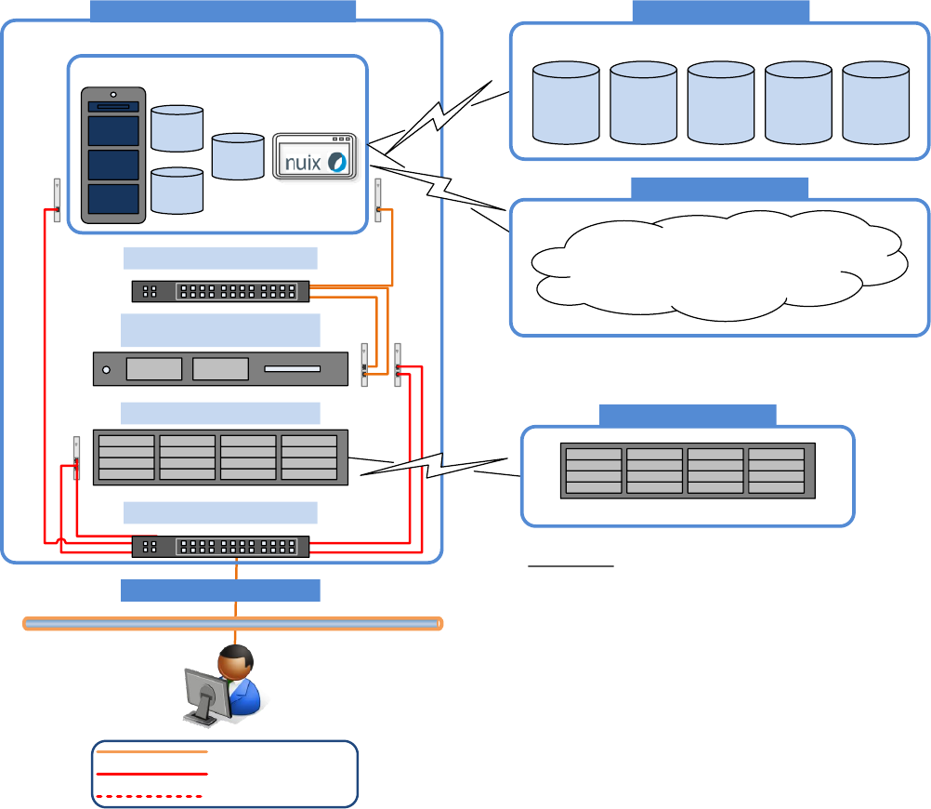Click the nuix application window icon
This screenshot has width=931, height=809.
(x=315, y=157)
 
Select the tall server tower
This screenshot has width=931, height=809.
(x=113, y=155)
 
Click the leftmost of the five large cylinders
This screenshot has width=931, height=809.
(x=566, y=101)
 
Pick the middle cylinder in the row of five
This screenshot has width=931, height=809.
(x=720, y=101)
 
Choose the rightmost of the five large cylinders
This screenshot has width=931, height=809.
(x=874, y=101)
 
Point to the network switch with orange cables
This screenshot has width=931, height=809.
(x=220, y=291)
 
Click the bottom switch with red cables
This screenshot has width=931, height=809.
(x=220, y=547)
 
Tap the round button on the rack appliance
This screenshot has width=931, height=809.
(x=107, y=370)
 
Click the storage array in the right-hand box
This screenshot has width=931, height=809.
(x=688, y=471)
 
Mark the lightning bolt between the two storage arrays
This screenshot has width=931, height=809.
(x=437, y=463)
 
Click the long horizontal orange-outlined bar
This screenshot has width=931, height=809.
(x=232, y=623)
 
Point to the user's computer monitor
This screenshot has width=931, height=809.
(x=206, y=693)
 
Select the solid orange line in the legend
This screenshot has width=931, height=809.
(x=151, y=751)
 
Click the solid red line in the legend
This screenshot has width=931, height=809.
(x=151, y=774)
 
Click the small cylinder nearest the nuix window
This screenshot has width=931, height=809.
(x=238, y=156)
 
